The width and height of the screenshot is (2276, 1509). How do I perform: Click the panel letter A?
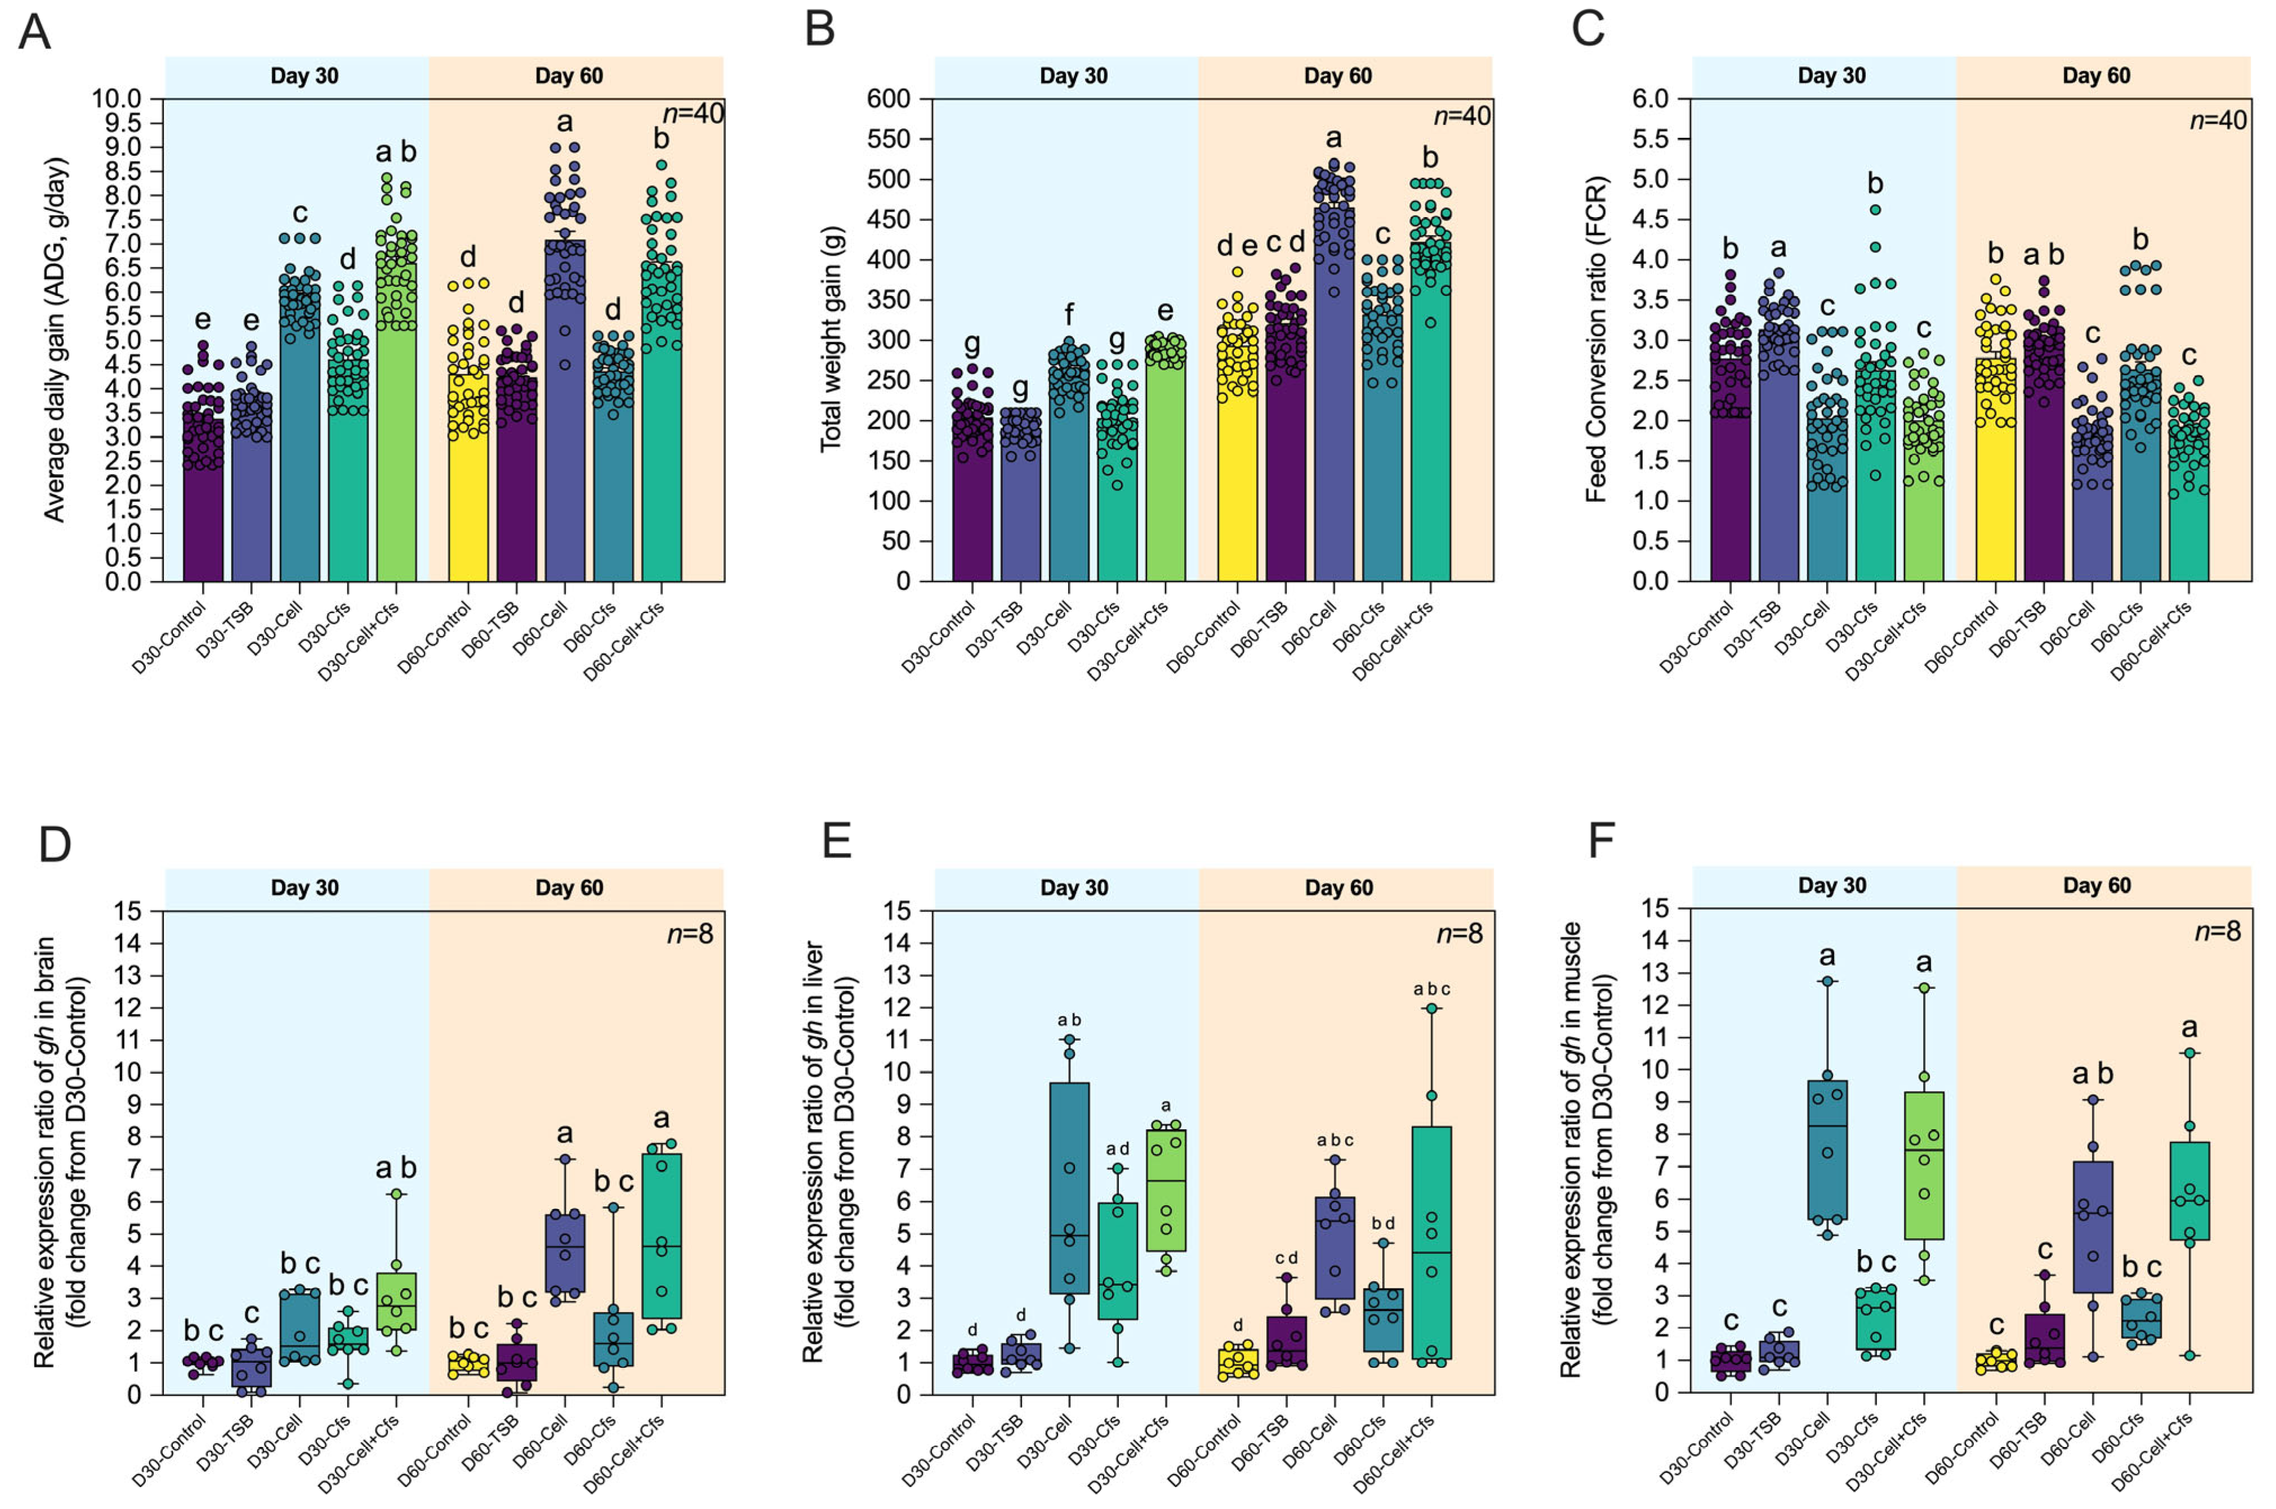(35, 31)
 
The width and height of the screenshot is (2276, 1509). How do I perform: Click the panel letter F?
(1600, 840)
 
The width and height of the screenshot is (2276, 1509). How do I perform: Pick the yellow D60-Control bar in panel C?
(1996, 471)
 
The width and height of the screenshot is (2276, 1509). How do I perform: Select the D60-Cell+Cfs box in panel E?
(1432, 1241)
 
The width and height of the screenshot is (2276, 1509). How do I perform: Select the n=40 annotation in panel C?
(2218, 120)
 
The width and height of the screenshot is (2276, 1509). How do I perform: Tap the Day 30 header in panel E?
(1073, 888)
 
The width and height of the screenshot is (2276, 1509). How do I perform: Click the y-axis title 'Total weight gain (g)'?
(830, 339)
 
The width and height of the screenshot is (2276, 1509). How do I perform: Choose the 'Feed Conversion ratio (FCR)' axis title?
(1596, 339)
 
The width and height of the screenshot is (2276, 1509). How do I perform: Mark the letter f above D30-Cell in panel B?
(1069, 315)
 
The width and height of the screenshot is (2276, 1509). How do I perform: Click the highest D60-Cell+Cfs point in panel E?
(1432, 1008)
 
